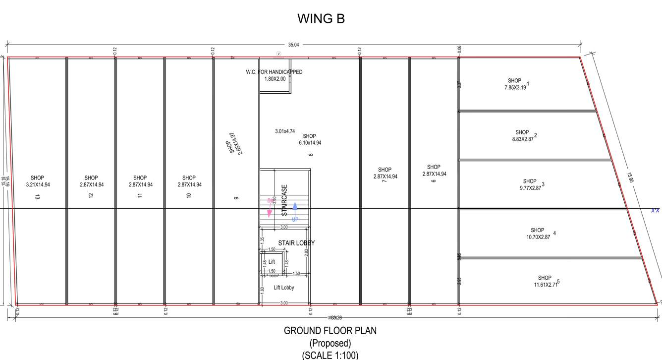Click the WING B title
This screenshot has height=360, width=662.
pyautogui.click(x=321, y=19)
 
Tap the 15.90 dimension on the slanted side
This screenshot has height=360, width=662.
pyautogui.click(x=630, y=178)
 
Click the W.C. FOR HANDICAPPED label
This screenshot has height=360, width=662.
pyautogui.click(x=274, y=72)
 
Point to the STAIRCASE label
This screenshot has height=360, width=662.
pyautogui.click(x=284, y=200)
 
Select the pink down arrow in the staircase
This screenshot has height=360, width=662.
pyautogui.click(x=270, y=212)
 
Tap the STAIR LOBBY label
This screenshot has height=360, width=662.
pyautogui.click(x=296, y=243)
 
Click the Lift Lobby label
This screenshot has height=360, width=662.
pyautogui.click(x=284, y=288)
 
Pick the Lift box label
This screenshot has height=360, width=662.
pyautogui.click(x=272, y=262)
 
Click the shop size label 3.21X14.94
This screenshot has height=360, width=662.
pyautogui.click(x=37, y=184)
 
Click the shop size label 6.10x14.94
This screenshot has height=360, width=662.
pyautogui.click(x=310, y=143)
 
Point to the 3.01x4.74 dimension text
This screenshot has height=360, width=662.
pyautogui.click(x=285, y=131)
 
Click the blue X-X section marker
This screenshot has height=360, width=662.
pyautogui.click(x=655, y=211)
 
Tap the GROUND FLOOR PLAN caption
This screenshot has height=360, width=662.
pyautogui.click(x=330, y=331)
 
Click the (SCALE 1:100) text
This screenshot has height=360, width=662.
pyautogui.click(x=330, y=355)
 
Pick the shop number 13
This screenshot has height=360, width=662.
pyautogui.click(x=37, y=197)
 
